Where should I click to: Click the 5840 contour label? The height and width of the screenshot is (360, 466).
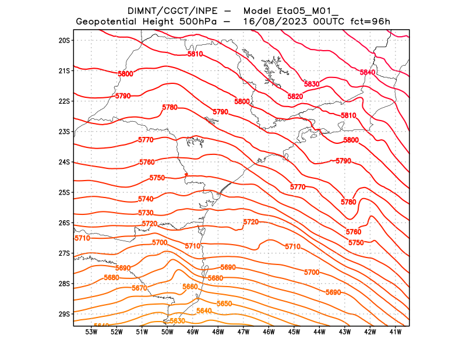pyautogui.click(x=368, y=72)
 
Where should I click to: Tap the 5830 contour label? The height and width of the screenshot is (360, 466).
pyautogui.click(x=312, y=84)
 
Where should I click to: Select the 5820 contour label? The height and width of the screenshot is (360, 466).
pyautogui.click(x=295, y=96)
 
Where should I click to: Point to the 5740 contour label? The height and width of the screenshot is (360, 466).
pyautogui.click(x=146, y=199)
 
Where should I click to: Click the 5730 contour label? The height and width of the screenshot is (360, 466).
pyautogui.click(x=146, y=213)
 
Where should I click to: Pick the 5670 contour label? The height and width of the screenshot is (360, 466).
pyautogui.click(x=139, y=288)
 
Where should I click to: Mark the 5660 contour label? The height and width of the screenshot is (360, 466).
pyautogui.click(x=190, y=287)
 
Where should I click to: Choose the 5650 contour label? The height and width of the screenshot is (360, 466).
pyautogui.click(x=224, y=304)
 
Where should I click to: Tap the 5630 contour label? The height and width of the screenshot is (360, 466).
pyautogui.click(x=177, y=321)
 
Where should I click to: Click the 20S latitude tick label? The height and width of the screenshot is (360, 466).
pyautogui.click(x=64, y=40)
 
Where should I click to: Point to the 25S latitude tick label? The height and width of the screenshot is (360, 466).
pyautogui.click(x=64, y=192)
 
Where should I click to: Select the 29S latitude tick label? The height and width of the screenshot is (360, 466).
pyautogui.click(x=64, y=314)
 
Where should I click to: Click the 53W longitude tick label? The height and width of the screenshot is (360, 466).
pyautogui.click(x=91, y=333)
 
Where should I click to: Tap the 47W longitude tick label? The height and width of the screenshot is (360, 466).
pyautogui.click(x=243, y=333)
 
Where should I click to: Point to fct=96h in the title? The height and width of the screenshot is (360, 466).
pyautogui.click(x=370, y=22)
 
